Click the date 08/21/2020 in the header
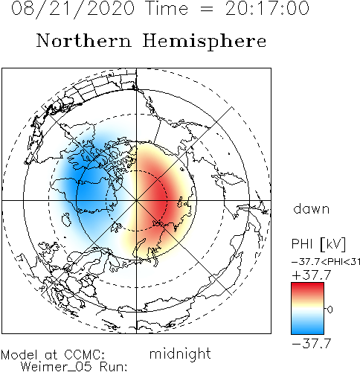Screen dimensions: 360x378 tap(73, 9)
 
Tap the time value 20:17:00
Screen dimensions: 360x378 tap(267, 8)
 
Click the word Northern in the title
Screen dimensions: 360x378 tap(84, 40)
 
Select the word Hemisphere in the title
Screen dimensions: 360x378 tap(205, 42)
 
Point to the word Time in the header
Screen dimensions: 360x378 tap(167, 8)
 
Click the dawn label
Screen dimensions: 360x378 tap(312, 209)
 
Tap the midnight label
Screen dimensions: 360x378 tap(180, 353)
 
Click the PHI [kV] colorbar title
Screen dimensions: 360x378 tap(318, 244)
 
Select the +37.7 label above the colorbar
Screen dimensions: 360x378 tap(312, 275)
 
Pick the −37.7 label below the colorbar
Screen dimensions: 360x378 tap(312, 344)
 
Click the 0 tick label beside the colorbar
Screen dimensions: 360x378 tap(330, 310)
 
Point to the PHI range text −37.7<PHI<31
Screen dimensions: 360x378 tap(326, 262)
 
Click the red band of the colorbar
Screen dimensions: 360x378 tap(307, 289)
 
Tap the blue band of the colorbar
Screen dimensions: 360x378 tap(307, 327)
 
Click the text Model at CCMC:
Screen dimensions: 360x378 tap(53, 355)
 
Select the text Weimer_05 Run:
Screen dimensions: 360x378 tap(74, 367)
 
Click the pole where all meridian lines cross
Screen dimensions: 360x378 tap(136, 200)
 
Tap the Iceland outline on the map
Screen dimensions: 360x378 tap(67, 220)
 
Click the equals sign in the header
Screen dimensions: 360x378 tap(206, 9)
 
